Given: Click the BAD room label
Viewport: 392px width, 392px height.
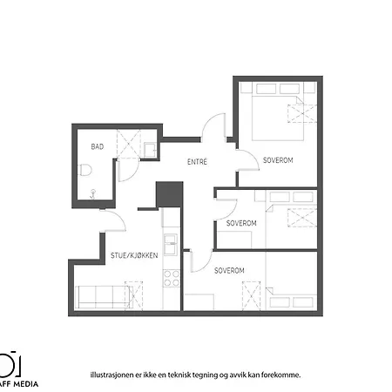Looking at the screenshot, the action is [x=98, y=146].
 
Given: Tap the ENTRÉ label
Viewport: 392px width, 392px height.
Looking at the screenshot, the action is [x=197, y=161].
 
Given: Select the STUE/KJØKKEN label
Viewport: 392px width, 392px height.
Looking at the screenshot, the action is [x=134, y=255].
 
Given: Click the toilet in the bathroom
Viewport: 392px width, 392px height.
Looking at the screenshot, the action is [x=85, y=170].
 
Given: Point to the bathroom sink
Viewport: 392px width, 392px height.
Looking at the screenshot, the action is [x=150, y=150].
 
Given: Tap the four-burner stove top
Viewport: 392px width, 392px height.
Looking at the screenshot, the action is [x=172, y=278].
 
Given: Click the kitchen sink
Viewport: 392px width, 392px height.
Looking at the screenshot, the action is [x=171, y=244].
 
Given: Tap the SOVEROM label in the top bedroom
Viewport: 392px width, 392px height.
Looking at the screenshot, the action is [x=278, y=160].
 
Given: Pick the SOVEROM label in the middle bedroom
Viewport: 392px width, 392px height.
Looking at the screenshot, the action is [x=241, y=223].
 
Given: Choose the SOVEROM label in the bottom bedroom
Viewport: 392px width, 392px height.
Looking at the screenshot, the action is [x=229, y=271].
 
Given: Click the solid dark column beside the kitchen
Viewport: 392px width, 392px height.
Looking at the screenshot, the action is [x=170, y=194].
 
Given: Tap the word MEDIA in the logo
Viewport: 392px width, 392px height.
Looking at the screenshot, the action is [x=26, y=384].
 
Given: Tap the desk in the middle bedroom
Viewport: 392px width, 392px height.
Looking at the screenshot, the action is [x=234, y=240].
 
